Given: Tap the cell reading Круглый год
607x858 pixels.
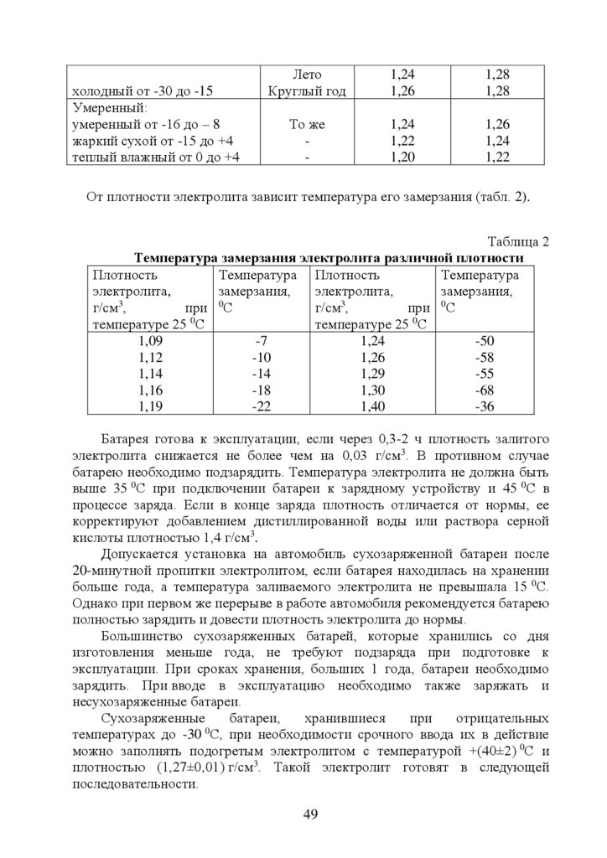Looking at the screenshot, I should [x=306, y=90].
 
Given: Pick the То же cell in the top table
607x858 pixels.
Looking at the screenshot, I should [x=306, y=124].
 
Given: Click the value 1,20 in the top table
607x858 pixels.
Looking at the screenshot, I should [x=402, y=157].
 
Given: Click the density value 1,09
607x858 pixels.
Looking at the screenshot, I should [x=151, y=341].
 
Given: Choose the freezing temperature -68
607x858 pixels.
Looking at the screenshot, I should [x=485, y=390].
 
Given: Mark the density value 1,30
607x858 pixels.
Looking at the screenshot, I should [x=373, y=390].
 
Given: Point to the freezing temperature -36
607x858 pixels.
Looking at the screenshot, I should [x=485, y=406].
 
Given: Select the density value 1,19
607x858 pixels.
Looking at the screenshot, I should [x=151, y=406].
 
